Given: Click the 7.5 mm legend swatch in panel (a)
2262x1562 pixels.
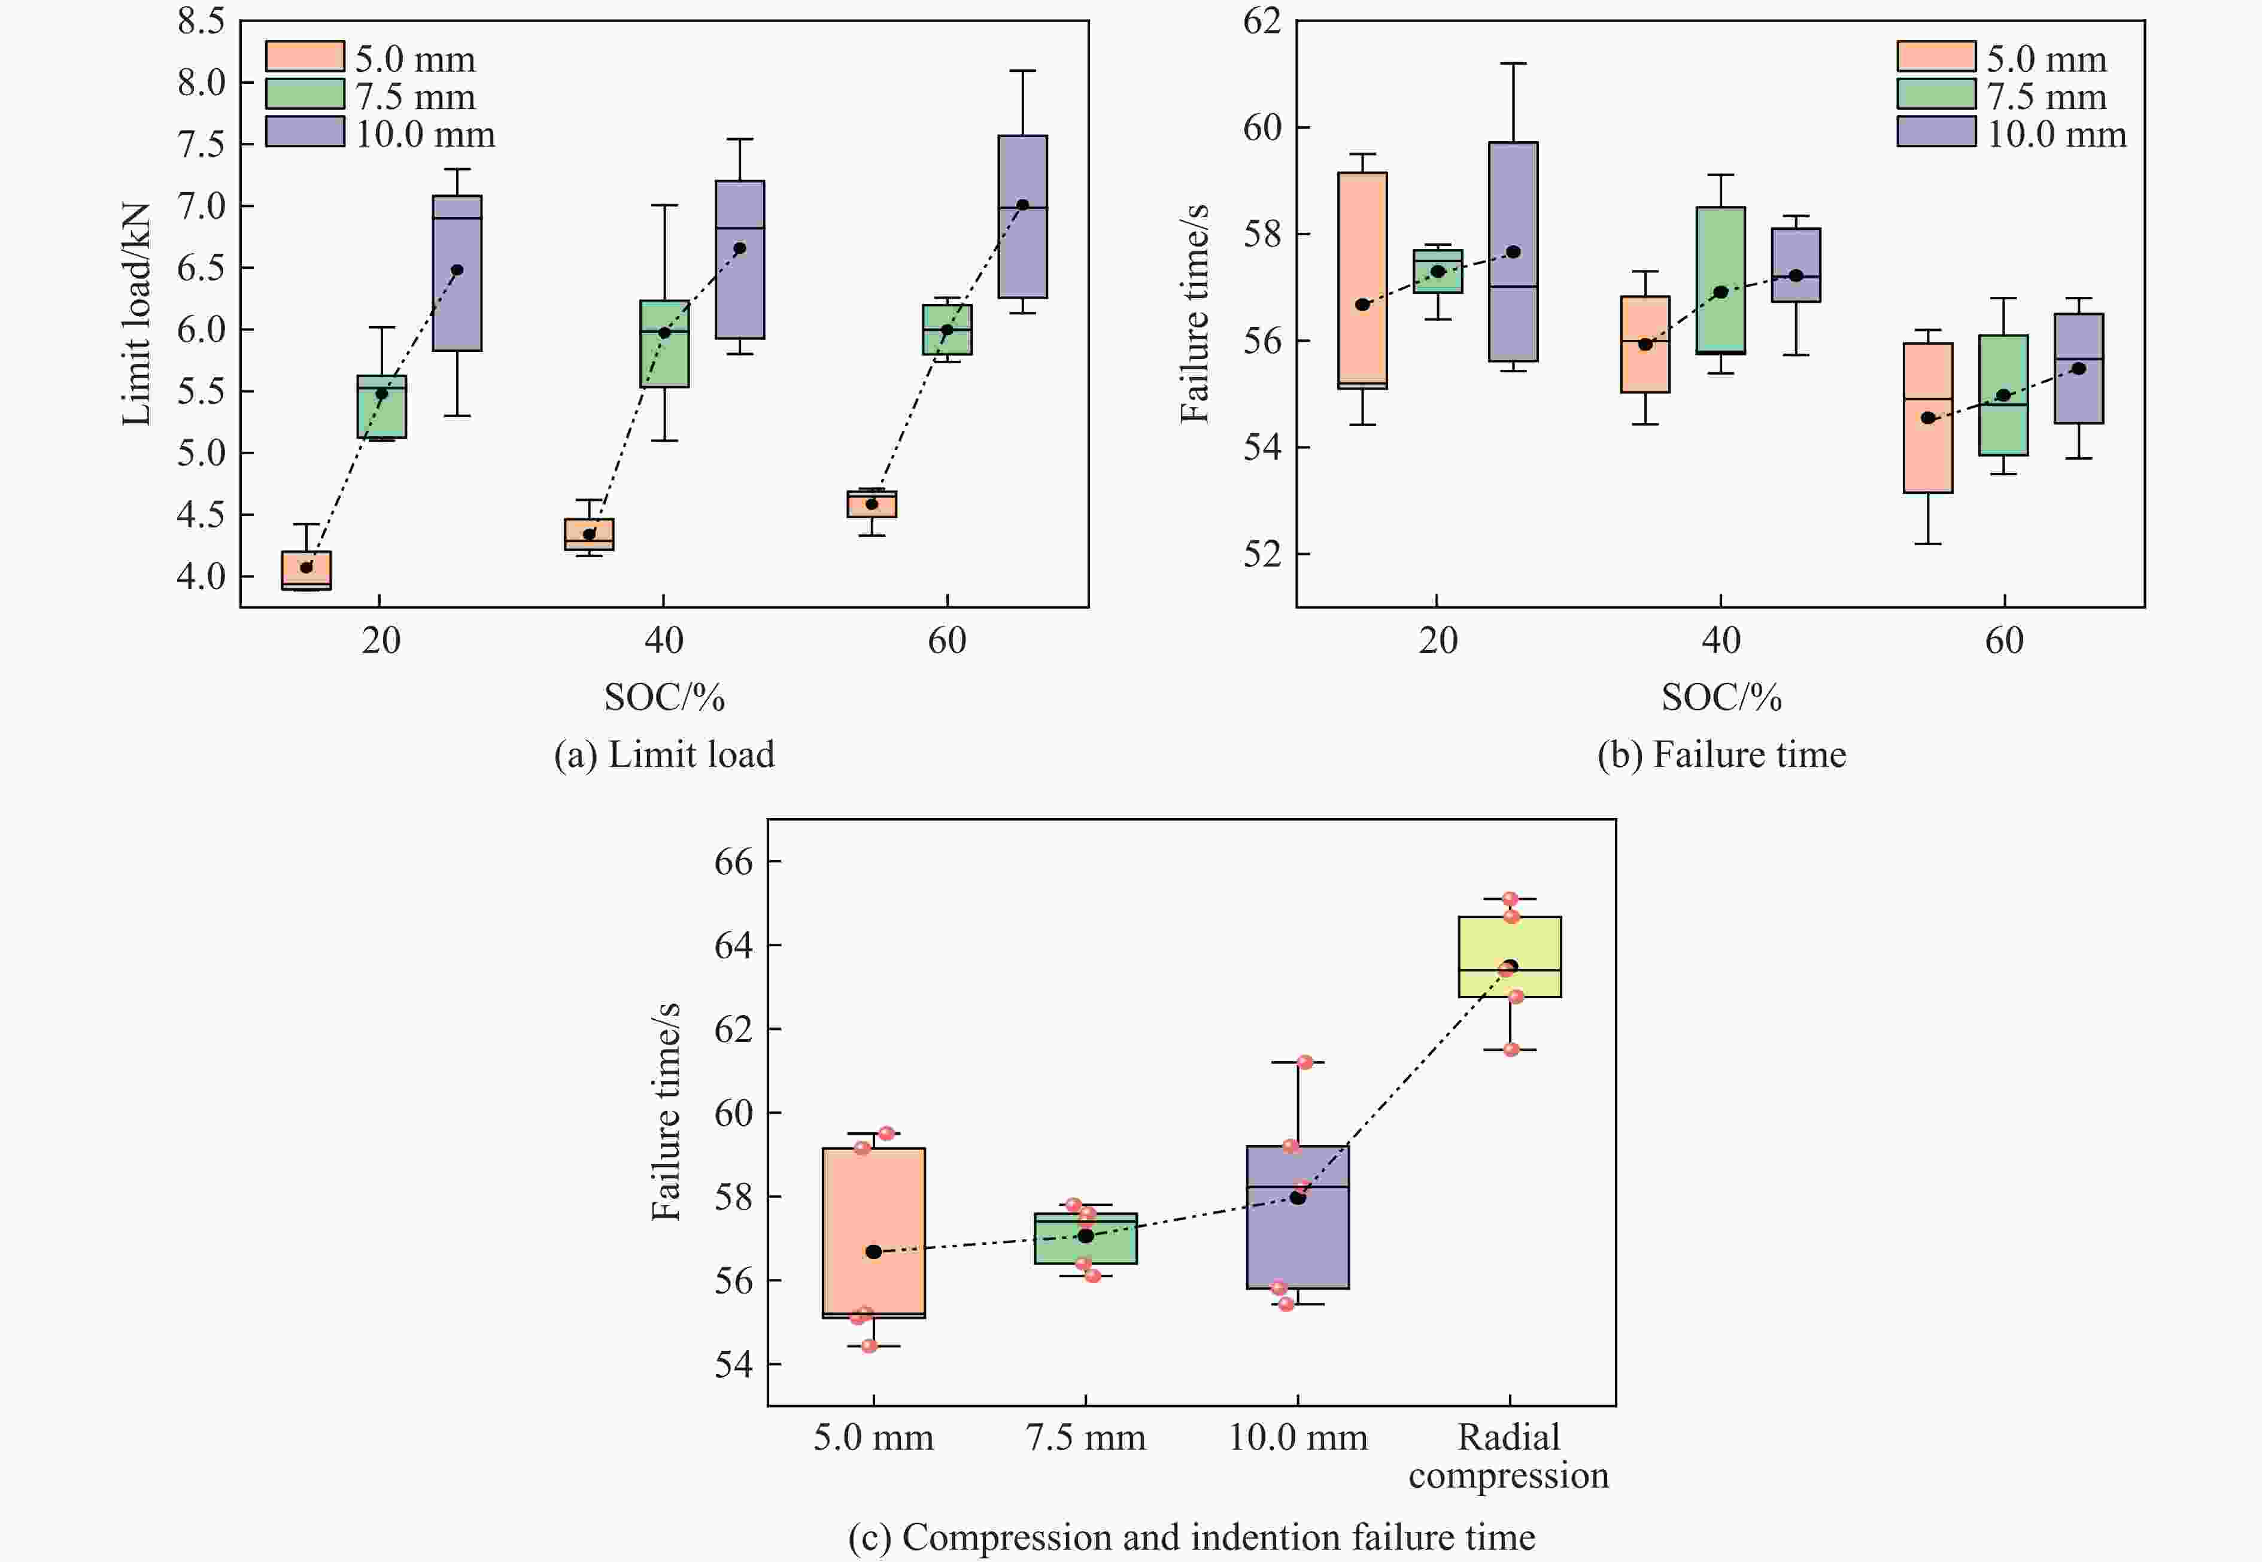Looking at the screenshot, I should [x=305, y=94].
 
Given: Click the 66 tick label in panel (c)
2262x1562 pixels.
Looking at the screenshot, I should [x=734, y=861].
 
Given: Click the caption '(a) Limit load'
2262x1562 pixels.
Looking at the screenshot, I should [x=664, y=755].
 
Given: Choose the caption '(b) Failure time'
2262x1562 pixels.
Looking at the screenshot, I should [x=1721, y=755].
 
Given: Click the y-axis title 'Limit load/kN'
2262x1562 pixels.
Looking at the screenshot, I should [x=136, y=313].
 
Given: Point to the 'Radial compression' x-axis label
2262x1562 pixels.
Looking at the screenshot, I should [x=1508, y=1455].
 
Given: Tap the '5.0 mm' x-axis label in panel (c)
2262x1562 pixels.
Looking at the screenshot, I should [x=873, y=1437].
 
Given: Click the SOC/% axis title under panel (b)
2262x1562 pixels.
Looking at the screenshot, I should [x=1721, y=697].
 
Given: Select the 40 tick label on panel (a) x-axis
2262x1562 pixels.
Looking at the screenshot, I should [x=664, y=641].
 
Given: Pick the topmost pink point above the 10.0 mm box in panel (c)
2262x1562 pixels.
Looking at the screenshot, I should [x=1305, y=1062].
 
